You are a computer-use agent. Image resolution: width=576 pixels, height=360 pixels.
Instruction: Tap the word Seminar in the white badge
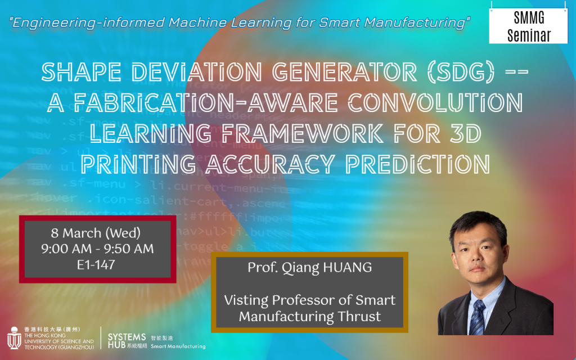(x=529, y=35)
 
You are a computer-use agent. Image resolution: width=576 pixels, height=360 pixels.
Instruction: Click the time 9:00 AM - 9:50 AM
(x=97, y=249)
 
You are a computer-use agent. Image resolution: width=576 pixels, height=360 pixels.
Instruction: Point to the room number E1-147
(x=96, y=264)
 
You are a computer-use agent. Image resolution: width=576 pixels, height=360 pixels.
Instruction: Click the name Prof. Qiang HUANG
(x=309, y=268)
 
